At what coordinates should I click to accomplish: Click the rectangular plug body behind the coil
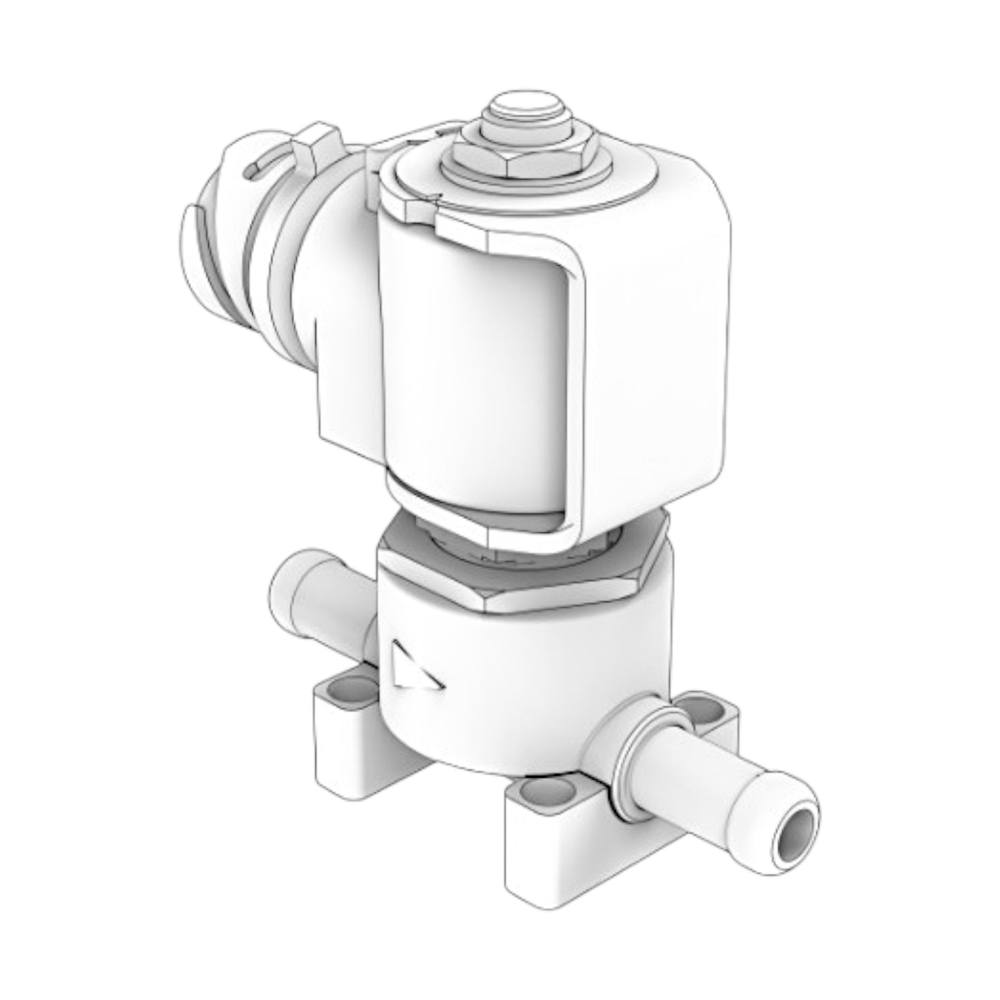click(x=346, y=374)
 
